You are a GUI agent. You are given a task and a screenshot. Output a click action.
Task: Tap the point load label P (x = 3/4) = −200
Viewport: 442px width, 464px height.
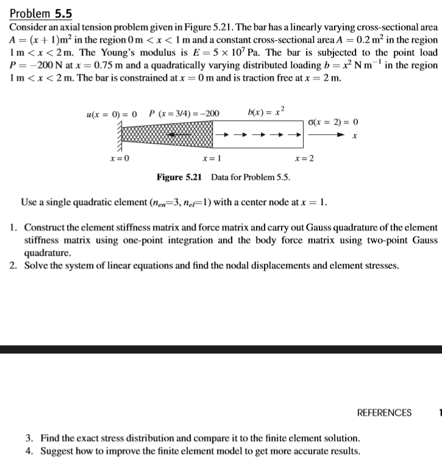[x=185, y=113]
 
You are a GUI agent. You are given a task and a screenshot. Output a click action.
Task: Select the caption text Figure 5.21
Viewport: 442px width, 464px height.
[x=179, y=177]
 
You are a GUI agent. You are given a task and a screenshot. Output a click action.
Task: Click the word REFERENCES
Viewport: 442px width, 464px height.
[x=384, y=413]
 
